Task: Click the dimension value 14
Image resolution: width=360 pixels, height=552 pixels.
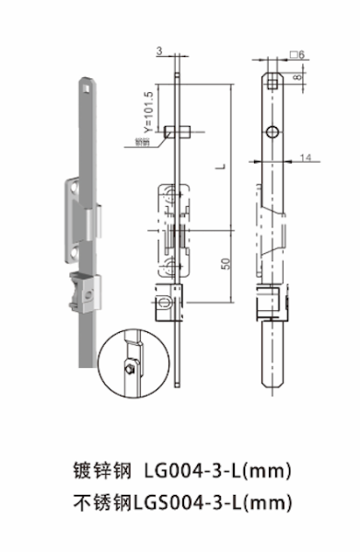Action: tap(305, 158)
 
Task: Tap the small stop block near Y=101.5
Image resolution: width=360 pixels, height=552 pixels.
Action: tap(180, 132)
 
